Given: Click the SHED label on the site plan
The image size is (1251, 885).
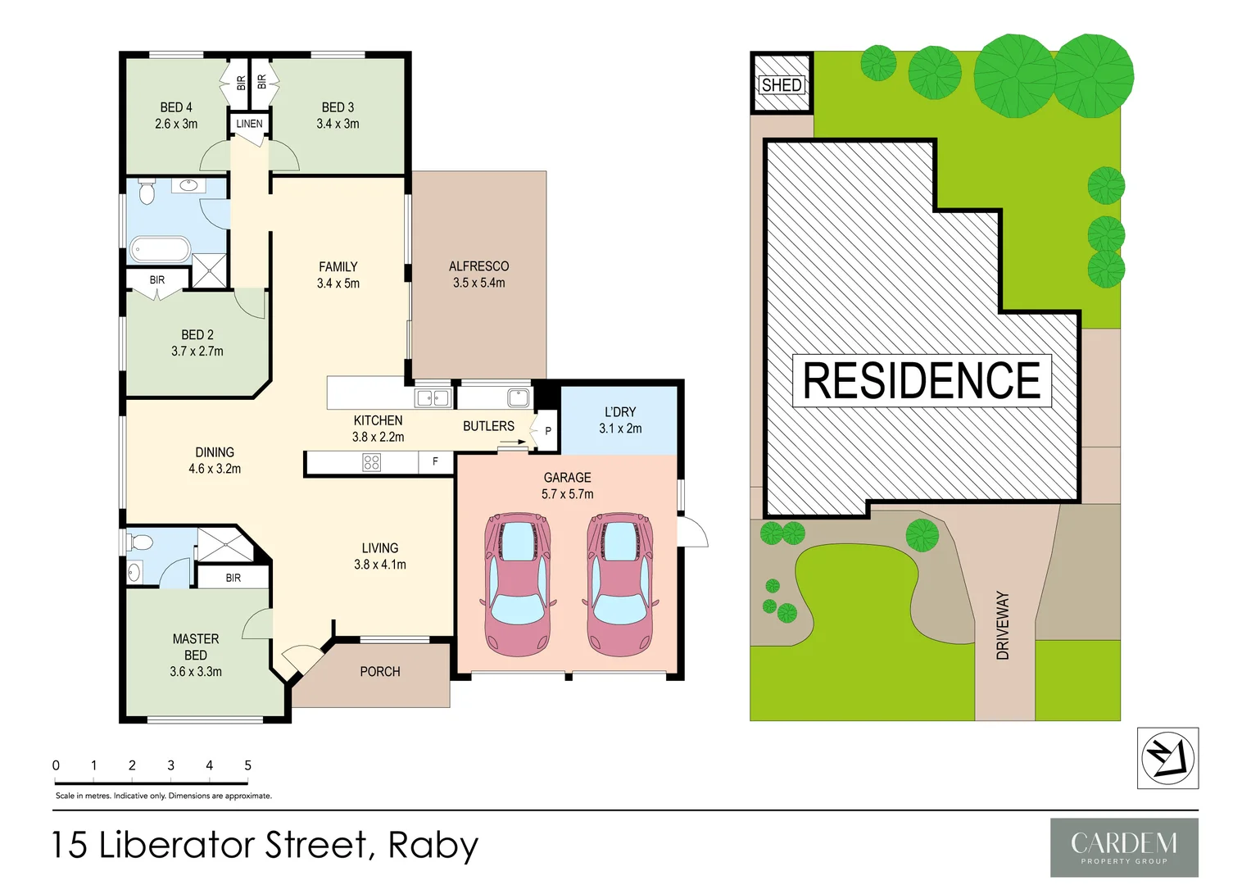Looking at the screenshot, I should (x=782, y=84).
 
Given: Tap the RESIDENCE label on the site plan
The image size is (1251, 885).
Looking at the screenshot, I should (x=922, y=380).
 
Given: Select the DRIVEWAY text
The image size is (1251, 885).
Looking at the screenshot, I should (x=1003, y=625).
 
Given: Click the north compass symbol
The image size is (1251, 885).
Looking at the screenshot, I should (x=1167, y=758).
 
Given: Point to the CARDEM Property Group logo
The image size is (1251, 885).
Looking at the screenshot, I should (x=1124, y=847).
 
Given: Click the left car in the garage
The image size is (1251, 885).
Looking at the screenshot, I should (x=517, y=584).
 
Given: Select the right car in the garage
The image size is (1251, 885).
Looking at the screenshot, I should (x=619, y=584).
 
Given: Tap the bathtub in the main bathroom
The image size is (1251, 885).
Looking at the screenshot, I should (x=161, y=248).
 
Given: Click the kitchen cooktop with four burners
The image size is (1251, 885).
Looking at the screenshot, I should (x=371, y=463).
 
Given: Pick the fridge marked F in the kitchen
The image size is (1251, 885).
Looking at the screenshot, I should (x=435, y=462).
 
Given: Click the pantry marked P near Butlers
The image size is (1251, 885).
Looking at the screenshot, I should (x=548, y=430).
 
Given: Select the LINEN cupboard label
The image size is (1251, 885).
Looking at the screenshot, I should (x=249, y=124).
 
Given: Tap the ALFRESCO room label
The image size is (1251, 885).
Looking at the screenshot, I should (x=478, y=266).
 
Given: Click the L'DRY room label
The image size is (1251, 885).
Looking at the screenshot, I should (x=620, y=412).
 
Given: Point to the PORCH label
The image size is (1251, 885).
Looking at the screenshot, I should (x=380, y=672).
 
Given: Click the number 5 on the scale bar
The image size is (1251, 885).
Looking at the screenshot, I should (x=247, y=765).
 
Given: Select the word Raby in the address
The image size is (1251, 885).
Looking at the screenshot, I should (x=433, y=846).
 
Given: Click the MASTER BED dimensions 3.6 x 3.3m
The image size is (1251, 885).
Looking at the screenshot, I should (x=196, y=672).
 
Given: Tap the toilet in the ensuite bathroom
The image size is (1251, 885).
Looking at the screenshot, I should (x=140, y=542).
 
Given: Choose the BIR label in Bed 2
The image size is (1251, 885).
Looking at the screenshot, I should (x=157, y=280).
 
